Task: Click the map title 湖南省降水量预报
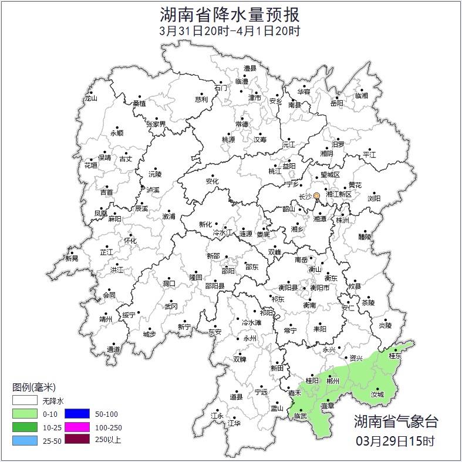[x=230, y=14]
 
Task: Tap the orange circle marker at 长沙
[x=317, y=195]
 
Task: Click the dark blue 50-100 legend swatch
[x=76, y=413]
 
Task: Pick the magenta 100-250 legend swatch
[x=76, y=426]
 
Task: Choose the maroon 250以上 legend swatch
[x=76, y=439]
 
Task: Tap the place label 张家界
[x=156, y=124]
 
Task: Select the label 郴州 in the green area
[x=333, y=381]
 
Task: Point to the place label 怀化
[x=130, y=241]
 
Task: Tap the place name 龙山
[x=90, y=99]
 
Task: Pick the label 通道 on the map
[x=113, y=350]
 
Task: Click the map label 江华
[x=234, y=423]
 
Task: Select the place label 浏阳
[x=374, y=198]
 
